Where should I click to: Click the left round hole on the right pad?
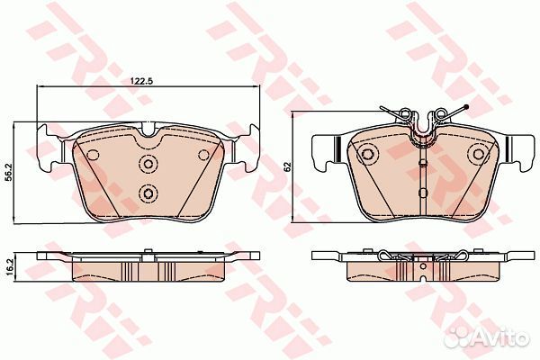click(367, 154)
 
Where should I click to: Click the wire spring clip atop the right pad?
click(422, 118)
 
